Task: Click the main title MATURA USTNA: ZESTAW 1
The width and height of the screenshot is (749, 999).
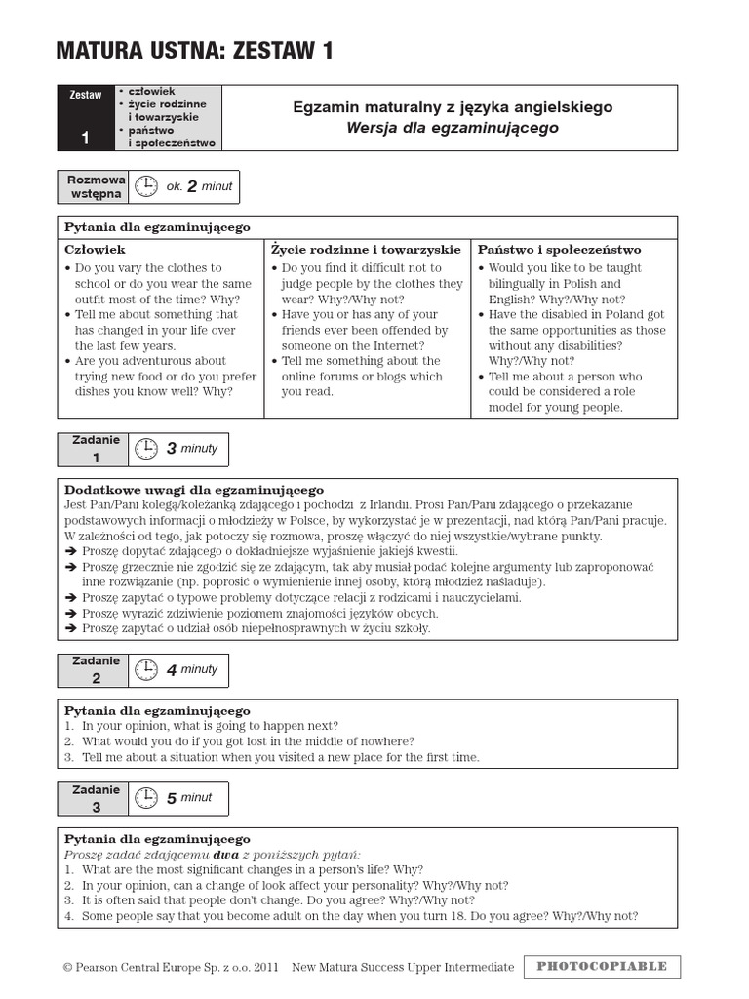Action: [194, 52]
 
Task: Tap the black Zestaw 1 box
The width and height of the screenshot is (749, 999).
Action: [86, 117]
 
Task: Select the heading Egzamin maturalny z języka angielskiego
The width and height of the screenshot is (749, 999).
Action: [453, 107]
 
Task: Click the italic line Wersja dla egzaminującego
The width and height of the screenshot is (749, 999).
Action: [453, 128]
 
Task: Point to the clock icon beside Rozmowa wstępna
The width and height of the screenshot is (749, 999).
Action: [145, 186]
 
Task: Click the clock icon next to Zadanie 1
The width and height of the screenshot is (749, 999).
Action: [145, 449]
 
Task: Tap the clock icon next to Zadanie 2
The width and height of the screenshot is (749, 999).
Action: [145, 669]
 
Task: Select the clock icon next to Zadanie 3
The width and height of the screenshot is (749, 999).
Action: [145, 797]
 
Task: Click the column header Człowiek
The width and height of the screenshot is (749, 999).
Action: [95, 250]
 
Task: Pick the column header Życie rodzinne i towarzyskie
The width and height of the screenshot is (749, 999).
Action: [366, 250]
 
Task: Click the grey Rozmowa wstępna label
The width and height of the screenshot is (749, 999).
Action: [95, 186]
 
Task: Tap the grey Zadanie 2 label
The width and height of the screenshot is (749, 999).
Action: [95, 669]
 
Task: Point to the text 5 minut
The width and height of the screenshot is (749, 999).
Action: [189, 797]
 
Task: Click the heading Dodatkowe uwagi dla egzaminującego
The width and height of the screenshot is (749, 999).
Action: [194, 489]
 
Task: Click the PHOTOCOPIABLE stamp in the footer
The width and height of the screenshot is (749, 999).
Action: [602, 966]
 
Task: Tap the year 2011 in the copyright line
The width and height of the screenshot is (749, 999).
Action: [265, 967]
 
